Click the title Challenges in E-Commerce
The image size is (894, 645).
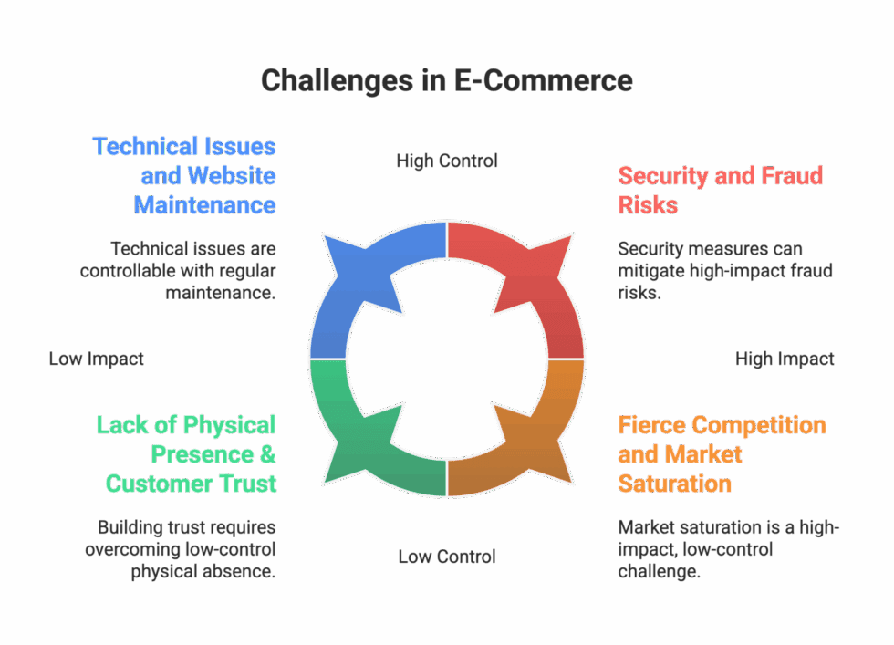[x=446, y=80]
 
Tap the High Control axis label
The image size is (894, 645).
[x=447, y=161]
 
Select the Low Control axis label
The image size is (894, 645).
[x=447, y=556]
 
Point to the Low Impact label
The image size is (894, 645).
[x=96, y=359]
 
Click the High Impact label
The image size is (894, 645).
[x=785, y=359]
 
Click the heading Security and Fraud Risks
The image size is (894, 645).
[x=720, y=189]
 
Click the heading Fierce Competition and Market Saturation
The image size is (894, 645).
[x=721, y=453]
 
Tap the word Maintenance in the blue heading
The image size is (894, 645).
[x=205, y=204]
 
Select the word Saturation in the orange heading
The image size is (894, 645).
[x=674, y=483]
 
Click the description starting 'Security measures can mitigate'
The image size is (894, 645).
[x=725, y=271]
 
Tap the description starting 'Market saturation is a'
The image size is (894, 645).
[x=728, y=549]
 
